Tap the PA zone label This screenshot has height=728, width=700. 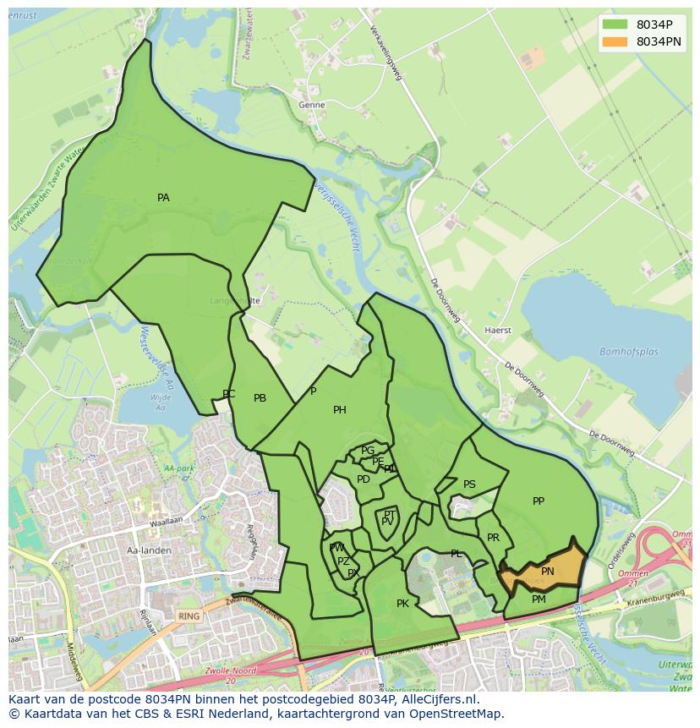163,198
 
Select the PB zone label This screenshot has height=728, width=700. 260,398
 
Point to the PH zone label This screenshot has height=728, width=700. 340,410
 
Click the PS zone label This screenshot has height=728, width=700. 469,484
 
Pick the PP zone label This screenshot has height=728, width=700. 539,501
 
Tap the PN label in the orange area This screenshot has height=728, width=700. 548,572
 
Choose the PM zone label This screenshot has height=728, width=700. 539,599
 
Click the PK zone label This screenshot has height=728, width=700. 402,604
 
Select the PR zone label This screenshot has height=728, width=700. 493,538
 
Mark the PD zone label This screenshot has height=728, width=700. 364,479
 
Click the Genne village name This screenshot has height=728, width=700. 311,106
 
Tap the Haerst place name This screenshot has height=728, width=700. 498,331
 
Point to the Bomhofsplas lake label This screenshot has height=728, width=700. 629,352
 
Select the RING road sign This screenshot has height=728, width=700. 189,616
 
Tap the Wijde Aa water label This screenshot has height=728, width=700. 159,402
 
